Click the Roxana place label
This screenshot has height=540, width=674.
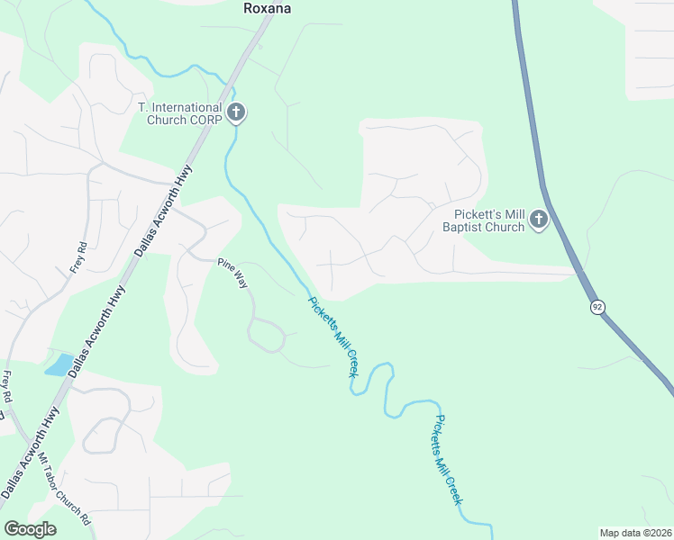(x=268, y=8)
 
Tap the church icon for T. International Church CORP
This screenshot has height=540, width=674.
(x=236, y=113)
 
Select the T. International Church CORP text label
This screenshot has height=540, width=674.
(x=179, y=113)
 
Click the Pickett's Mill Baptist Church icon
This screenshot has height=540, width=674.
(x=539, y=220)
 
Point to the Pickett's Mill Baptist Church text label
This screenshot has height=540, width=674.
(x=489, y=220)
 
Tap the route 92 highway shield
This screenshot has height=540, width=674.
(x=597, y=307)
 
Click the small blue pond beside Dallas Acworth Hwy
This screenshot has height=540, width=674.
(x=59, y=364)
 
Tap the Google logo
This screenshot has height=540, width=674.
(x=30, y=529)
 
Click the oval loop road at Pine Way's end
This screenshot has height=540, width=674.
(x=267, y=336)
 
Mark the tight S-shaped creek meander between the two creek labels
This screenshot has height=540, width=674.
(x=388, y=387)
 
